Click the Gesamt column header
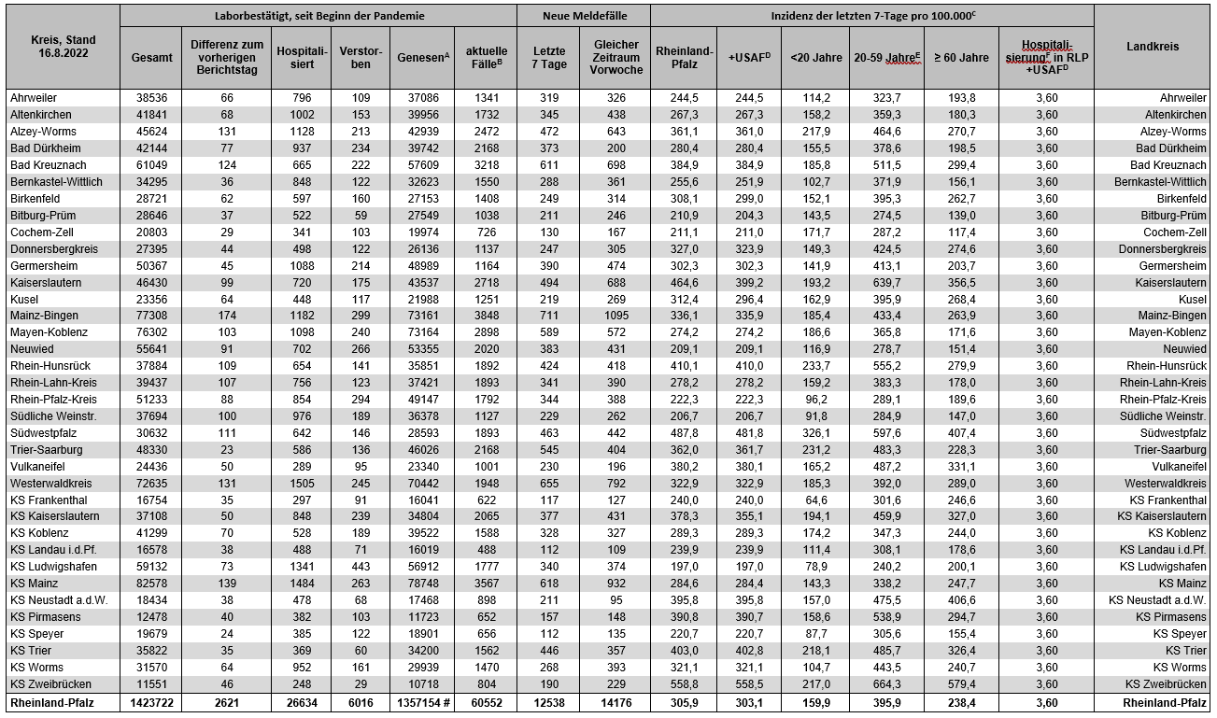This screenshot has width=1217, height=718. coord(151,57)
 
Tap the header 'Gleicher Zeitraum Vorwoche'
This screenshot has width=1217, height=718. coord(616,57)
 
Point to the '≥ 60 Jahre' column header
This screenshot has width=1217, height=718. coord(960,57)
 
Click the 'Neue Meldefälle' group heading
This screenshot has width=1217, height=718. coord(584,16)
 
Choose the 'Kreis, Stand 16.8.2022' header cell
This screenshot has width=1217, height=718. coord(61,47)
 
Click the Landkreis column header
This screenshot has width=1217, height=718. coord(1153,47)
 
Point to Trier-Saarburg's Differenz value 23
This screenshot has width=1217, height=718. coord(227,450)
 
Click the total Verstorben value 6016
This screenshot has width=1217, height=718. coord(360,702)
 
